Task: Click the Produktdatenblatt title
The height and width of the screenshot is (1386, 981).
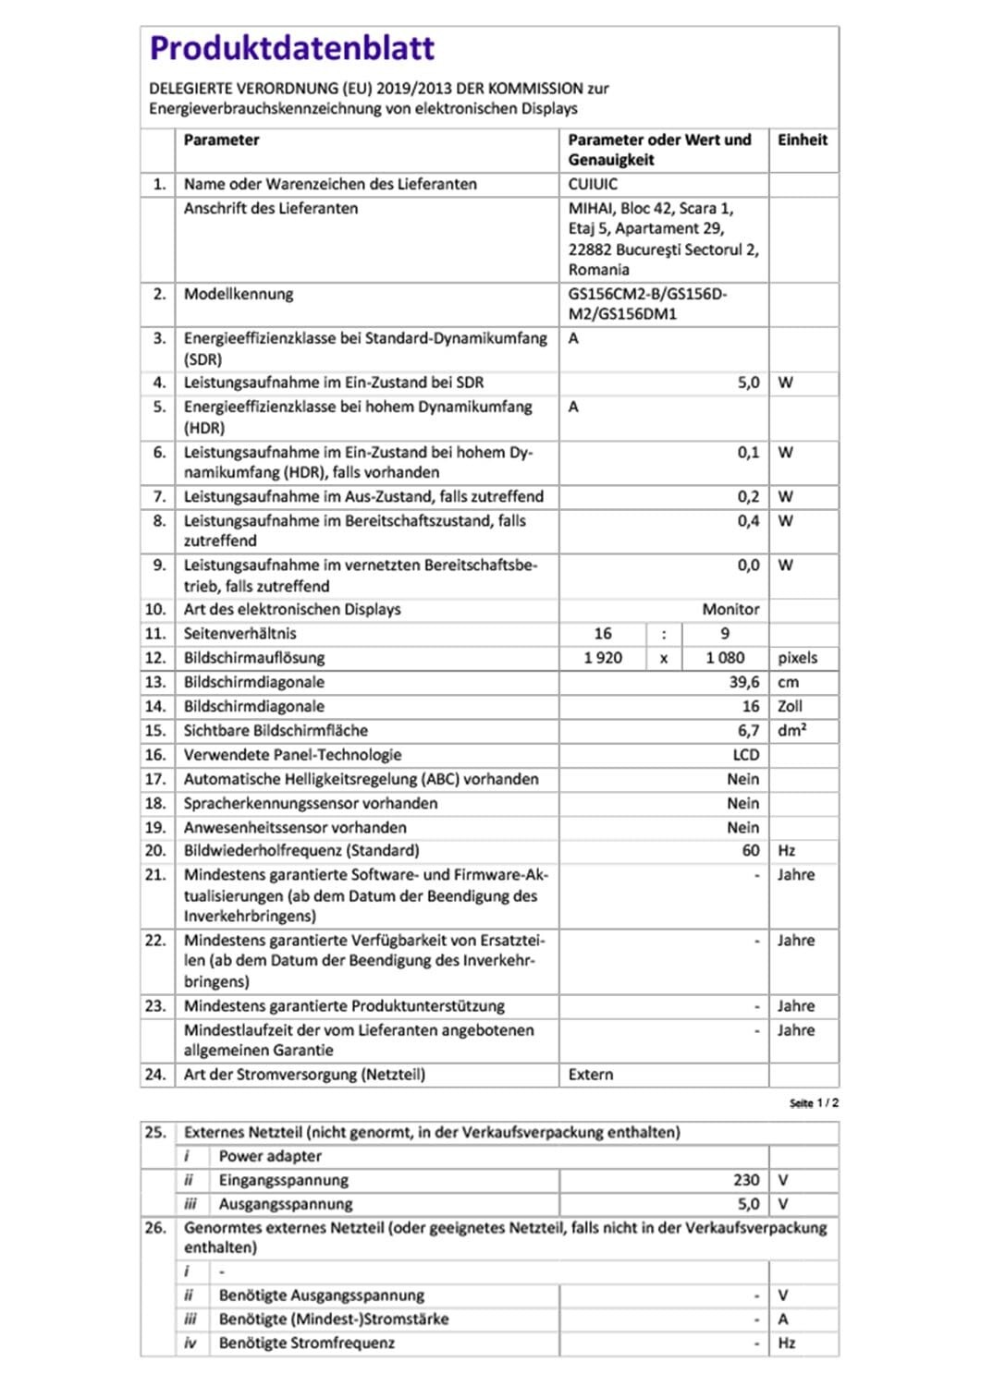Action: point(292,48)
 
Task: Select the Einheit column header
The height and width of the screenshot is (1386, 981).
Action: point(802,140)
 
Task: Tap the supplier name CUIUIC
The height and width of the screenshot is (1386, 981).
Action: point(593,184)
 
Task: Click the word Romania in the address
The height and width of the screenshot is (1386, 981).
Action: point(598,270)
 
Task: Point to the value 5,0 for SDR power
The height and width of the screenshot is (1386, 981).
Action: point(748,383)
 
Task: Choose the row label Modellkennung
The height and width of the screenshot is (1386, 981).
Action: point(239,294)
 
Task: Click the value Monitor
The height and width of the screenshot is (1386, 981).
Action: point(730,610)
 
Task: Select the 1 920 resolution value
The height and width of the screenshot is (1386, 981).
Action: point(603,658)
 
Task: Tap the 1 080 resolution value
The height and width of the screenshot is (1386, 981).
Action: point(725,658)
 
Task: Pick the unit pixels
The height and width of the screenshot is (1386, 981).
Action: point(797,658)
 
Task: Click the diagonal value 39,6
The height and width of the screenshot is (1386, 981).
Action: point(743,682)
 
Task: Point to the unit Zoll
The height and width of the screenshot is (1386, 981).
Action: point(790,706)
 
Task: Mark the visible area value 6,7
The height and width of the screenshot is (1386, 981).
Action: point(748,731)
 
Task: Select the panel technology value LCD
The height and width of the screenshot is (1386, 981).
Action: point(745,755)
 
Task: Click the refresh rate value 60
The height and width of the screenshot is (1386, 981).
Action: point(751,851)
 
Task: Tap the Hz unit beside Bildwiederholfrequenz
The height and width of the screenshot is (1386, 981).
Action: point(786,851)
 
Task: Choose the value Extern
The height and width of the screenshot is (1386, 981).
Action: point(591,1075)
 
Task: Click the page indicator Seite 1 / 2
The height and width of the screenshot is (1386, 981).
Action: point(814,1103)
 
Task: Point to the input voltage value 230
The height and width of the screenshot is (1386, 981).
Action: point(746,1180)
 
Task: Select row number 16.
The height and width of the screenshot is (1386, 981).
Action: point(155,755)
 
